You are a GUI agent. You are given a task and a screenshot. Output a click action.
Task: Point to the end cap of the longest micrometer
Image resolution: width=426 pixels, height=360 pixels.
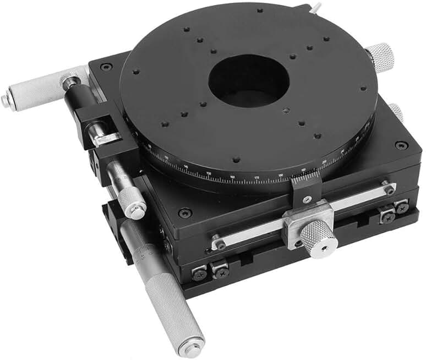tap(192, 347)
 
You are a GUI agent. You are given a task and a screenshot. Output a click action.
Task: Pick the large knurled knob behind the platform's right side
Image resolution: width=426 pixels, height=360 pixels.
tap(380, 56)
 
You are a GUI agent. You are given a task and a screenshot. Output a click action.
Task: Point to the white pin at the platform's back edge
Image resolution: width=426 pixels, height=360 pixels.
tap(315, 7)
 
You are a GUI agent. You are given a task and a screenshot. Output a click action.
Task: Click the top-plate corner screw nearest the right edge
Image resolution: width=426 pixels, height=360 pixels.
tap(401, 145)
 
